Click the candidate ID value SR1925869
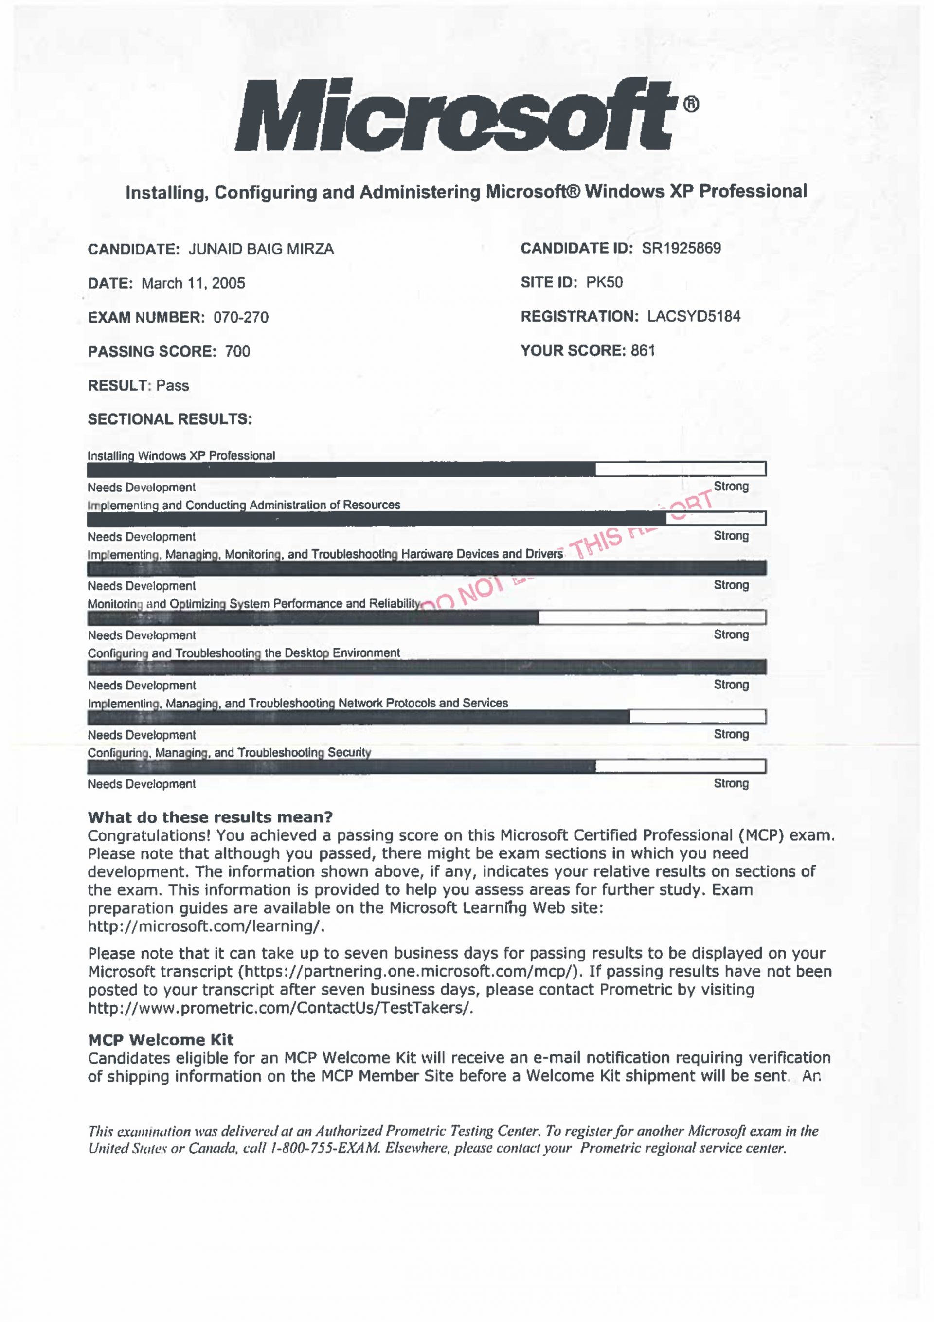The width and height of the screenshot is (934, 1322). point(681,248)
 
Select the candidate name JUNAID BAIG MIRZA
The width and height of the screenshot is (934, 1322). point(261,249)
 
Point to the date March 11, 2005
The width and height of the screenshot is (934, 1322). point(193,283)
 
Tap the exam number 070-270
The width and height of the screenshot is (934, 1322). point(241,317)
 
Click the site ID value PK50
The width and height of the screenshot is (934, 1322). point(604,282)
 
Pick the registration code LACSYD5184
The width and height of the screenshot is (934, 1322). point(693,316)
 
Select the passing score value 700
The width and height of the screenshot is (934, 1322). point(237,351)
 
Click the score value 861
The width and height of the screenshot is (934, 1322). point(643,351)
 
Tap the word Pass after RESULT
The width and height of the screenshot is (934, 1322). point(172,385)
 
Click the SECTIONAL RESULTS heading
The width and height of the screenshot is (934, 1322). point(170,419)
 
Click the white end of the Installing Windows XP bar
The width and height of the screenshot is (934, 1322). point(680,469)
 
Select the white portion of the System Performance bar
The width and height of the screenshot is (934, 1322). point(651,618)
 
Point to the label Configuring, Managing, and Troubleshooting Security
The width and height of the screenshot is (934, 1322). point(229,753)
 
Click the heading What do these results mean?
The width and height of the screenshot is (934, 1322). point(210,817)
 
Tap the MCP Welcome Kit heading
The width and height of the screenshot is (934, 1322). point(161,1039)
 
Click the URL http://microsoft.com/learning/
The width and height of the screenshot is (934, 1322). point(206,926)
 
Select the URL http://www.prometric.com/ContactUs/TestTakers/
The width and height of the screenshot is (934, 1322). point(280,1008)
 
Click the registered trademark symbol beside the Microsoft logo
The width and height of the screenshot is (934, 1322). point(691,104)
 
